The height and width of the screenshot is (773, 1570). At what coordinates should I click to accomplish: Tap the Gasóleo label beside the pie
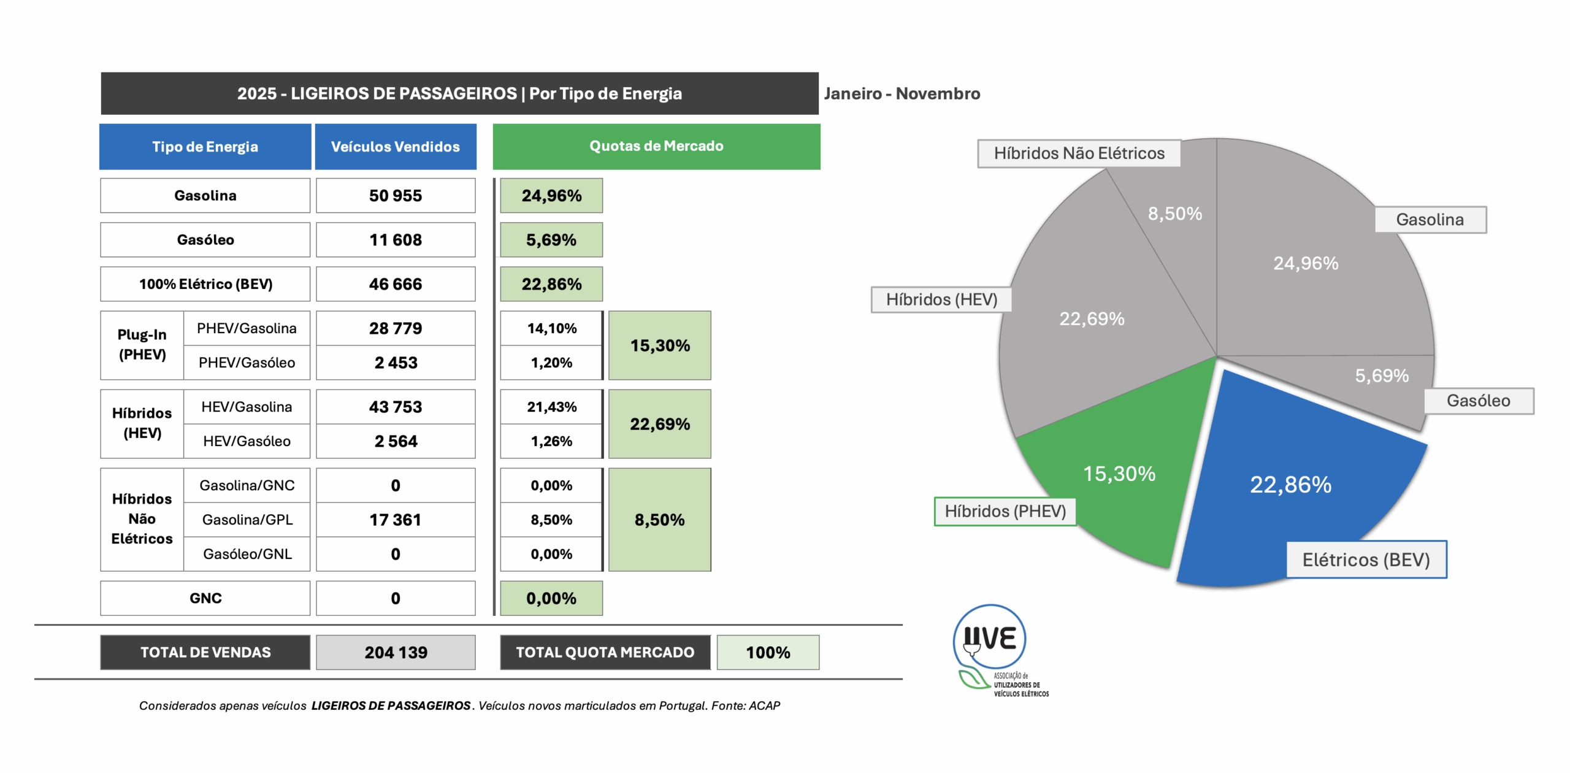pyautogui.click(x=1478, y=401)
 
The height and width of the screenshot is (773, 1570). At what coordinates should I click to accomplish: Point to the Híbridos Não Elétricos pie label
pyautogui.click(x=1079, y=153)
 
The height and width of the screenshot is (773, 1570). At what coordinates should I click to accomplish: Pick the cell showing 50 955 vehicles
pyautogui.click(x=396, y=196)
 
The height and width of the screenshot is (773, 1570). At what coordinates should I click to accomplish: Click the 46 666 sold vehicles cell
pyautogui.click(x=396, y=284)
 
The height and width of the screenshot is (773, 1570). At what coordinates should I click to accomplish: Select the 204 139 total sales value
pyautogui.click(x=396, y=652)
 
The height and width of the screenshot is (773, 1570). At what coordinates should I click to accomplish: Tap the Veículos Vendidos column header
pyautogui.click(x=396, y=147)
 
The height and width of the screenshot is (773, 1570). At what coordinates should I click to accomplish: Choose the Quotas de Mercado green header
pyautogui.click(x=656, y=147)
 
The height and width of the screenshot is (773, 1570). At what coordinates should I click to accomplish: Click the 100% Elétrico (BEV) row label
pyautogui.click(x=205, y=284)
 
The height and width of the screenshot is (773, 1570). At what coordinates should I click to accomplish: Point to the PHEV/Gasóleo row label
pyautogui.click(x=247, y=363)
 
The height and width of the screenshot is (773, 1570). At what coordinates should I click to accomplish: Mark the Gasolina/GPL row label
pyautogui.click(x=247, y=520)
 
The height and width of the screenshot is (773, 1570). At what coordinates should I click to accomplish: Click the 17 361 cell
pyautogui.click(x=396, y=520)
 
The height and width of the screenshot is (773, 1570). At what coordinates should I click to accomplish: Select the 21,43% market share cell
pyautogui.click(x=551, y=407)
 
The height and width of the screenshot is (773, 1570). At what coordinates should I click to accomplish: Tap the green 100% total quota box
pyautogui.click(x=768, y=652)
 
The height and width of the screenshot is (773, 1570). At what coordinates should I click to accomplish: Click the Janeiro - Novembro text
pyautogui.click(x=902, y=93)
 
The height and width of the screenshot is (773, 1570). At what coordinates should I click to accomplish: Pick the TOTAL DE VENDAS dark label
pyautogui.click(x=205, y=652)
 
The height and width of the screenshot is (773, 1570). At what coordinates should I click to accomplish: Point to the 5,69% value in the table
pyautogui.click(x=551, y=240)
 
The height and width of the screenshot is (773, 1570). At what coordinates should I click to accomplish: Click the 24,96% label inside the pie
pyautogui.click(x=1306, y=263)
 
